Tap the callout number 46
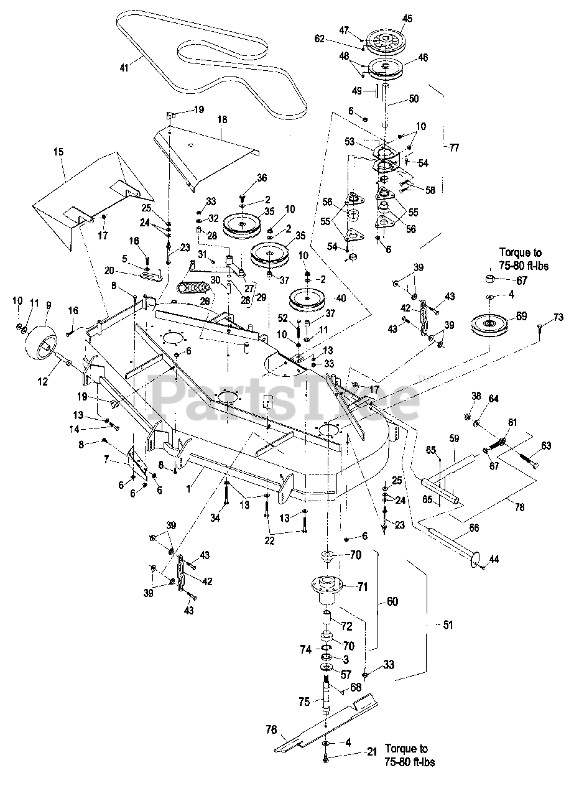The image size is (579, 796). tap(423, 58)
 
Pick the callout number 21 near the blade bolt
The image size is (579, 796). tap(372, 752)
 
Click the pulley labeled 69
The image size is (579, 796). tap(491, 324)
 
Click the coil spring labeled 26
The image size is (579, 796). tap(196, 288)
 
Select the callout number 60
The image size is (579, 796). tap(392, 601)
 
